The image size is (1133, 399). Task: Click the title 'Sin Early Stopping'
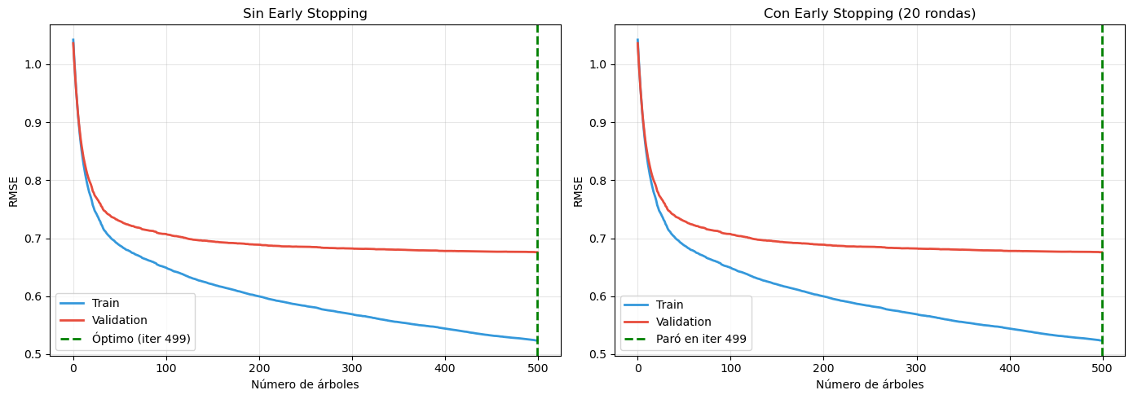(x=305, y=13)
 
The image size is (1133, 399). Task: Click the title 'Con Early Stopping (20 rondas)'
(x=870, y=13)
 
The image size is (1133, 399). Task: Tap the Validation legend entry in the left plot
(x=121, y=321)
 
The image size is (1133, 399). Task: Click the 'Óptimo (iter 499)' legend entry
(x=142, y=338)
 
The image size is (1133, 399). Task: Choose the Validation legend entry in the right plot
(x=686, y=321)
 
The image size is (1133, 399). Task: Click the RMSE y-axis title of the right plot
(x=577, y=191)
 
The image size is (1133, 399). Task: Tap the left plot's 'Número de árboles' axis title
(x=305, y=384)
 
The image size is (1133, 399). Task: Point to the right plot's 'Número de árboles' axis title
(x=870, y=384)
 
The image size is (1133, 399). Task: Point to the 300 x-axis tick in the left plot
(x=351, y=367)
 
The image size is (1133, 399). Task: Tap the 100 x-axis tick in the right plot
(x=730, y=367)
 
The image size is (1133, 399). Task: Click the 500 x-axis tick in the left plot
(x=537, y=367)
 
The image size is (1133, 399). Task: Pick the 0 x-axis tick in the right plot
(x=637, y=367)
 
